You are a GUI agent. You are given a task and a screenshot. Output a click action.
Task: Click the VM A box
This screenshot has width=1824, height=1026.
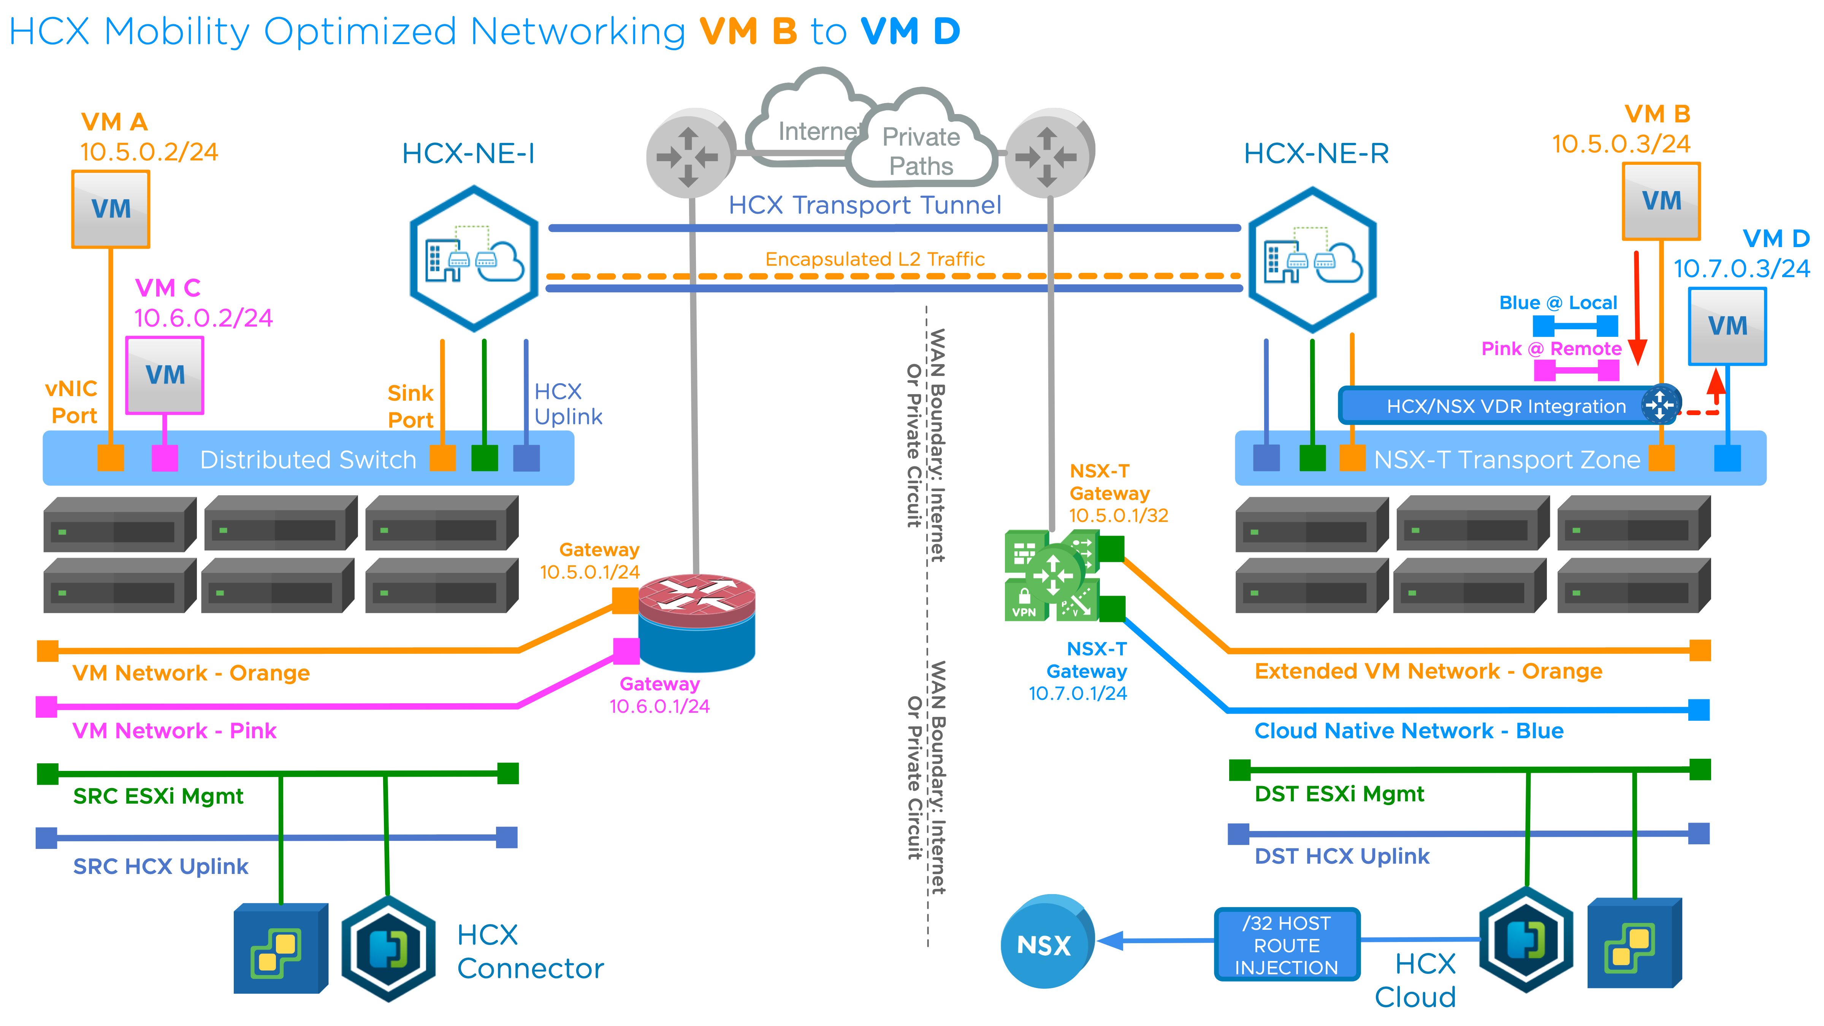[x=111, y=209]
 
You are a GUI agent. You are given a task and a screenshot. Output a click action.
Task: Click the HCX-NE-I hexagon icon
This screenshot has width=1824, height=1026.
[x=474, y=259]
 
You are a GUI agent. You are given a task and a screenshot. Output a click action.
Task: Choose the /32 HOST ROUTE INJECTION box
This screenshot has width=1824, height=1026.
[x=1287, y=945]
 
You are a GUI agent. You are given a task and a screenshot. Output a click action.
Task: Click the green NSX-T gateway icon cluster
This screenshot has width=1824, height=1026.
[x=1052, y=575]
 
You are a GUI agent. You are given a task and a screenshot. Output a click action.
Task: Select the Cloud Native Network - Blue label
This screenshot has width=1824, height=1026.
[x=1408, y=731]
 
